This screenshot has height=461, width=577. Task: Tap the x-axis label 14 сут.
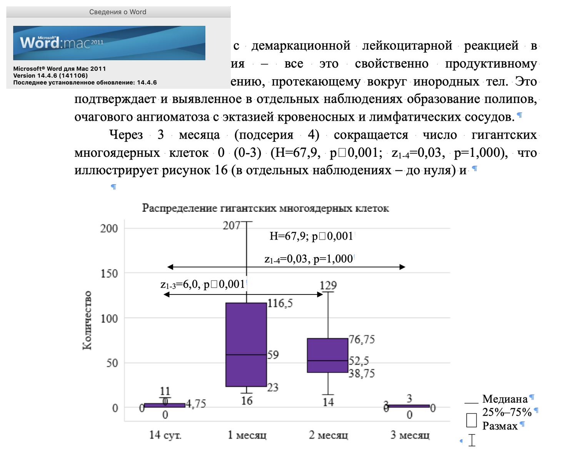click(x=165, y=435)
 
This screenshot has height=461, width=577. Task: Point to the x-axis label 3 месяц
click(x=410, y=435)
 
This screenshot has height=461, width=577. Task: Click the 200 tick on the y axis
click(x=109, y=228)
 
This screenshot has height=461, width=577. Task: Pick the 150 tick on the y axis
click(x=109, y=273)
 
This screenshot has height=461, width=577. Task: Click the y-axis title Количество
click(x=87, y=320)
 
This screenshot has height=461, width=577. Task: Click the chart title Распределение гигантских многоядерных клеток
click(x=265, y=208)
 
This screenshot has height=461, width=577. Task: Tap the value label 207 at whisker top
click(x=232, y=225)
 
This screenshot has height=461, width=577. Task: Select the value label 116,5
click(x=280, y=303)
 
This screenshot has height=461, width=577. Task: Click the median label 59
click(x=273, y=354)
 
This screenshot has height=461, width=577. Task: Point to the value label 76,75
click(x=362, y=340)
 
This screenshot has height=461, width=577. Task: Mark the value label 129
click(x=328, y=285)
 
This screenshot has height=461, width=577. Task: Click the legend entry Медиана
click(x=505, y=399)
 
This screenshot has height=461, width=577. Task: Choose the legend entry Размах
click(x=500, y=426)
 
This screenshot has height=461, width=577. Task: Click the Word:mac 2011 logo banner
click(x=109, y=43)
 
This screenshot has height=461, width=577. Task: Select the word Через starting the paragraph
click(x=126, y=135)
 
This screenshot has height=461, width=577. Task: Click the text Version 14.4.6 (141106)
click(x=50, y=76)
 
